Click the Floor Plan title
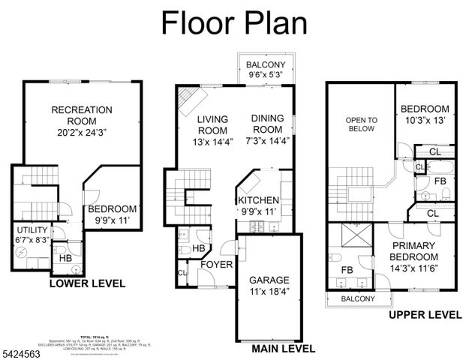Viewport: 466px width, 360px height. point(233,22)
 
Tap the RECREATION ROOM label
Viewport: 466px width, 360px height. point(81,121)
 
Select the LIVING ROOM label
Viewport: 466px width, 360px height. point(212,130)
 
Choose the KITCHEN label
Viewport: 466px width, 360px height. point(258,206)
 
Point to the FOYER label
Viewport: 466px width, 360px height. point(216,265)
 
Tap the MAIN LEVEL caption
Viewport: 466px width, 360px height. point(283,349)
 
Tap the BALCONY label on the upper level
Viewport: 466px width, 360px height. point(358,298)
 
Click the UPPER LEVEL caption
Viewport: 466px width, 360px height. point(425,315)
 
